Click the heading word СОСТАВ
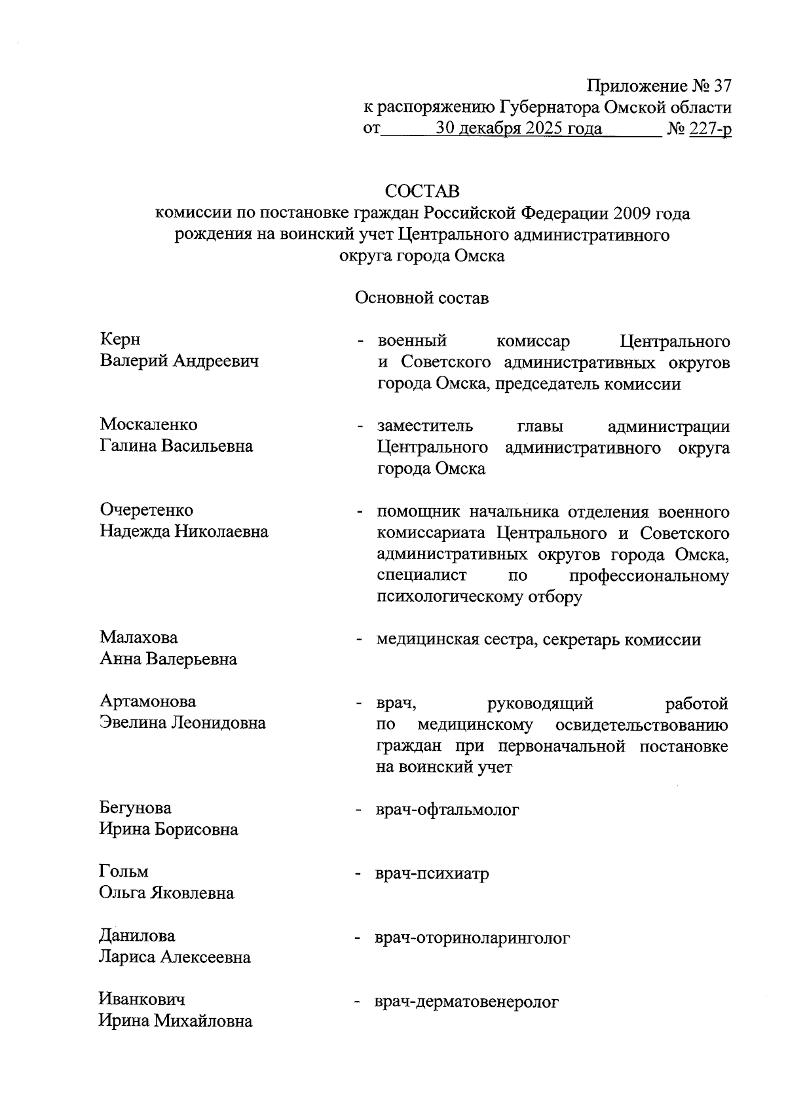(422, 191)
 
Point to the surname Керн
(120, 339)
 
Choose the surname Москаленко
(149, 424)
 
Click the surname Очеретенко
(147, 509)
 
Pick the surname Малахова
(139, 637)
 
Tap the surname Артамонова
(148, 701)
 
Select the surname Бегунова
(136, 807)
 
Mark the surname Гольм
(124, 871)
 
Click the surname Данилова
(137, 936)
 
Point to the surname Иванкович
(141, 999)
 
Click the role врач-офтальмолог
(447, 810)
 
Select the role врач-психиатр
(432, 874)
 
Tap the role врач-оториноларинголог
(472, 938)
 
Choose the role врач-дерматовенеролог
(466, 1002)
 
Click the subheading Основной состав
(422, 299)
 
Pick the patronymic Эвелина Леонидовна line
(183, 723)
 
